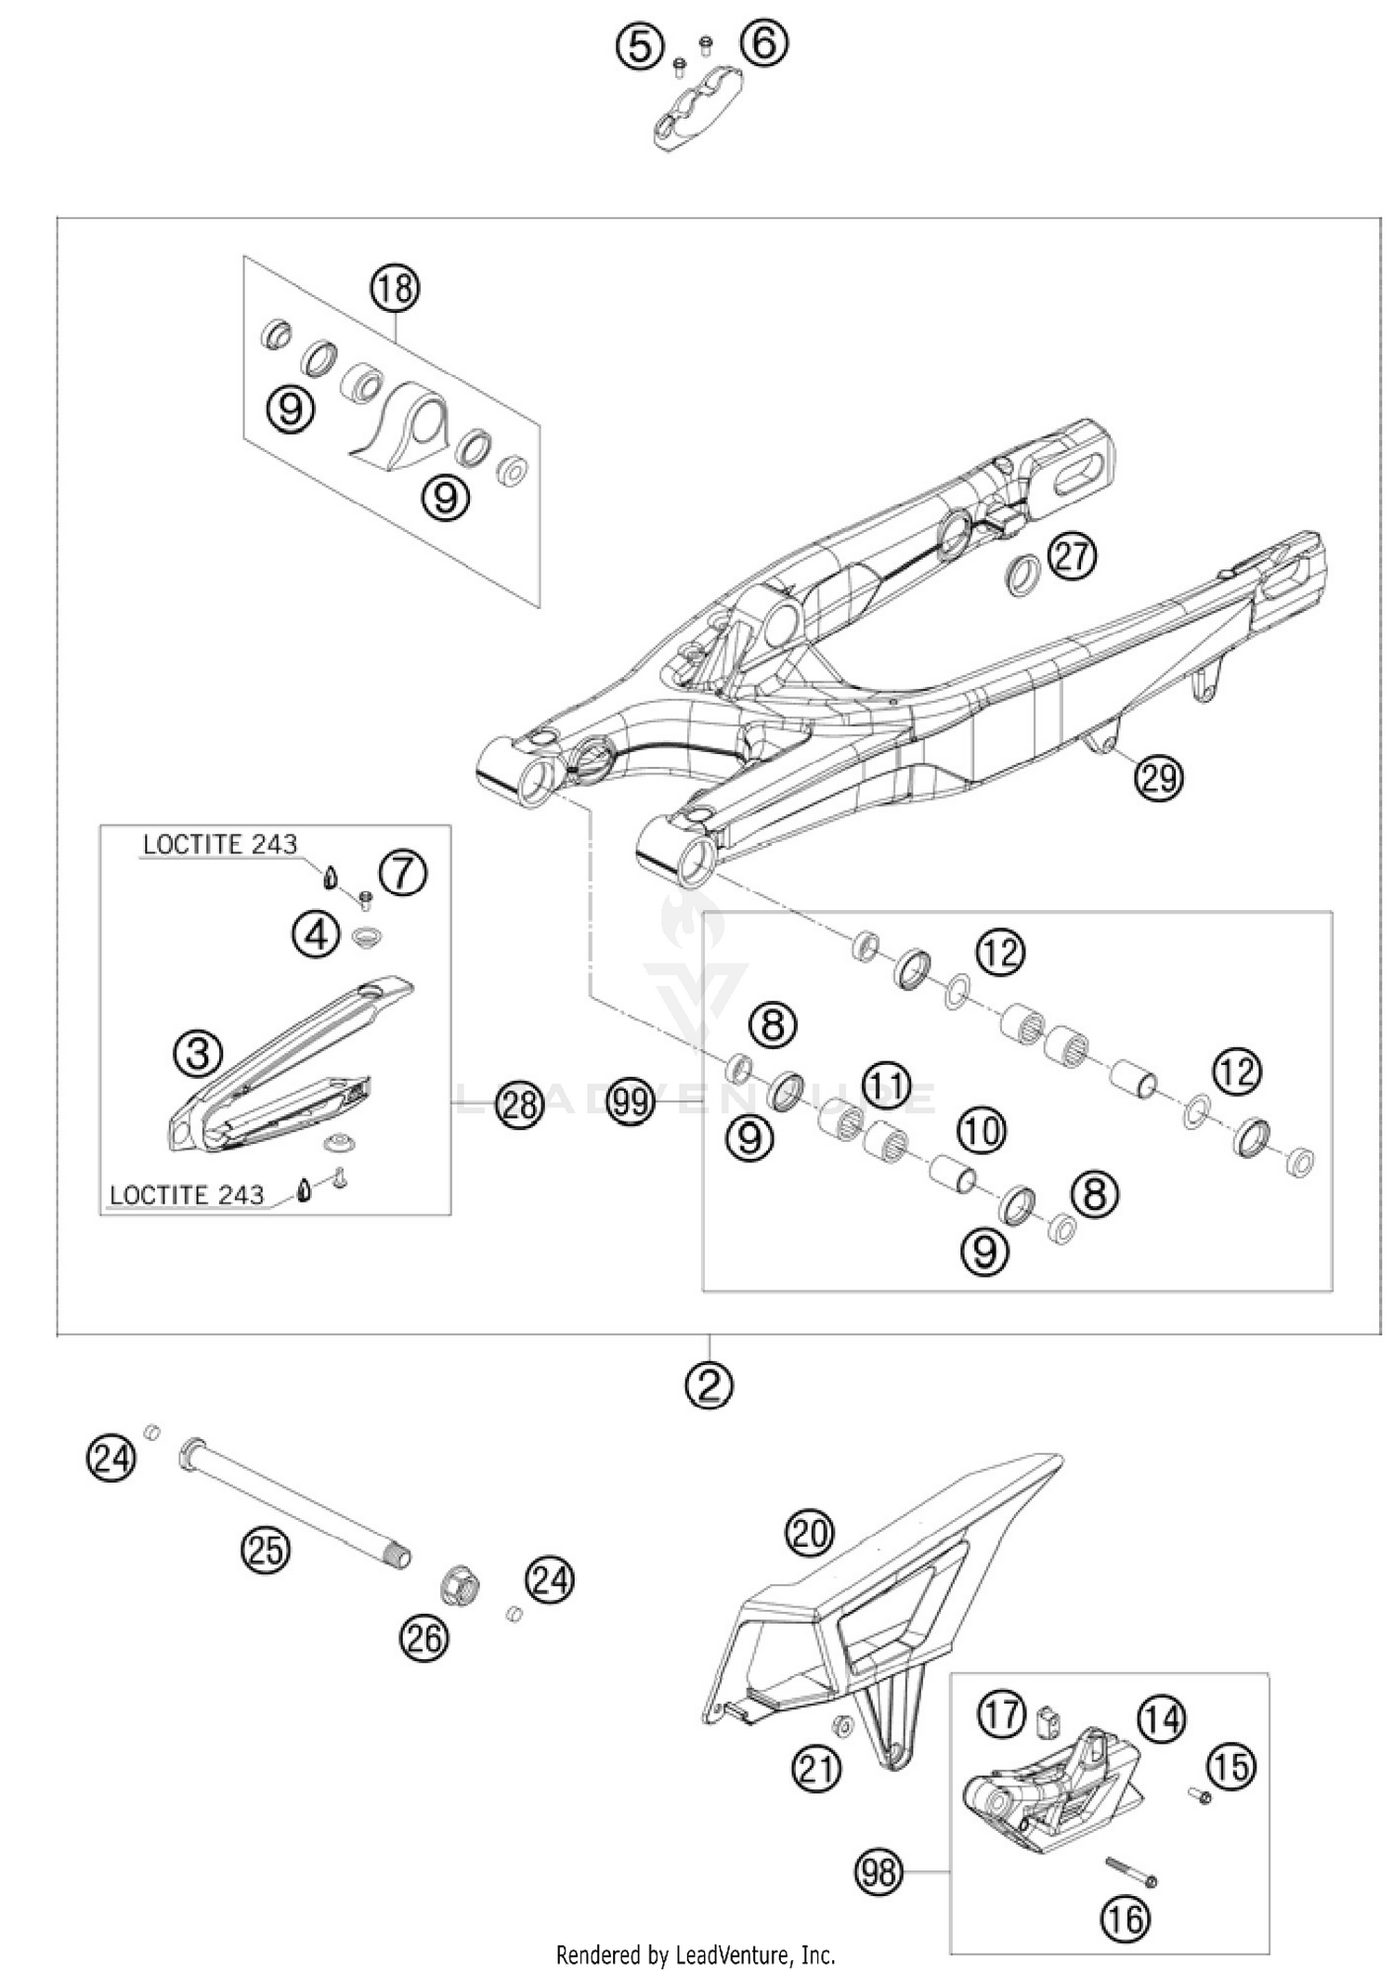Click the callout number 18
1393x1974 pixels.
click(x=395, y=289)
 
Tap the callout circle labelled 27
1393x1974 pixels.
click(x=1073, y=557)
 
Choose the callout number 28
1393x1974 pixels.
click(x=518, y=1104)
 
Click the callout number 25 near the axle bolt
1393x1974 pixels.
click(x=266, y=1550)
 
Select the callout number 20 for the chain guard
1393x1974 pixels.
click(x=810, y=1532)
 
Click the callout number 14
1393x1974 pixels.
click(x=1162, y=1719)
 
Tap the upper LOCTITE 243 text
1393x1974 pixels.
click(x=220, y=844)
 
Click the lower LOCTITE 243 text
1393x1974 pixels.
click(x=187, y=1195)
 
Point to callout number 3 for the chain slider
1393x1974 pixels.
click(x=198, y=1053)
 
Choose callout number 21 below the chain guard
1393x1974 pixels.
click(x=817, y=1770)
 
